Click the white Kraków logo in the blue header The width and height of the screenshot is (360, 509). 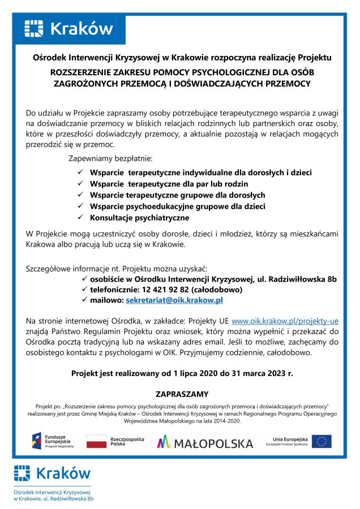pyautogui.click(x=68, y=28)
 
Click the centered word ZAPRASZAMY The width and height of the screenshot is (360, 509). pyautogui.click(x=182, y=394)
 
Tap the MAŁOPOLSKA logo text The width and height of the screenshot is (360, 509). pyautogui.click(x=205, y=442)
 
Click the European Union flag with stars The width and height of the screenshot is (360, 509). pyautogui.click(x=321, y=441)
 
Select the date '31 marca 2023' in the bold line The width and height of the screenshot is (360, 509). pyautogui.click(x=249, y=373)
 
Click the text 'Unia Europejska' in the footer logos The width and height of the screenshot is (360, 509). pyautogui.click(x=290, y=439)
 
